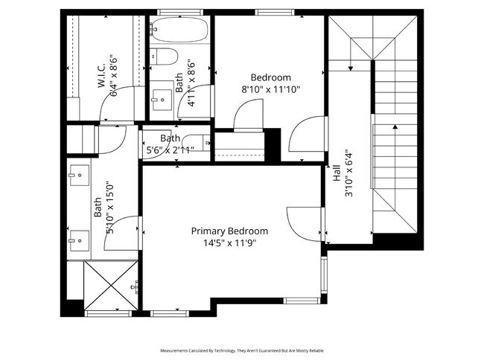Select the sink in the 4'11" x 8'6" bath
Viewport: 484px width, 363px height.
(160, 100)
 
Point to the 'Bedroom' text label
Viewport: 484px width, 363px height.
(270, 77)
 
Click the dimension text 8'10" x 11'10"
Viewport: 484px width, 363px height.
(270, 89)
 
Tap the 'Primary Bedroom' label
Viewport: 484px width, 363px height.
(229, 231)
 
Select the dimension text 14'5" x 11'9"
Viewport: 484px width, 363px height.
(229, 242)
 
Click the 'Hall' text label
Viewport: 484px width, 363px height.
(337, 174)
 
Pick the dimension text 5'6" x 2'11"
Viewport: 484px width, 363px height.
(171, 150)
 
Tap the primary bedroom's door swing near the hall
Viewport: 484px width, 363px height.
(305, 221)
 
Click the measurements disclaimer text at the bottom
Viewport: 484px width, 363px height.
(241, 350)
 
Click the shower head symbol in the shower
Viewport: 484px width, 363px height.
(136, 286)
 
